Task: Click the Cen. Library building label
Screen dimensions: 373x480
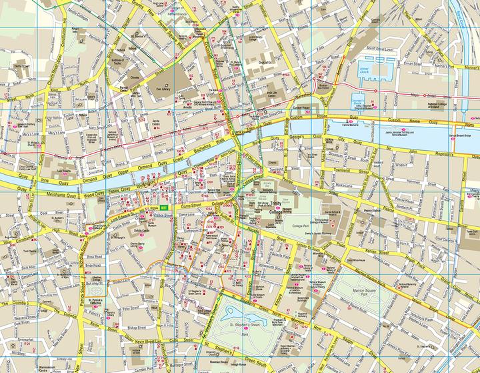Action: [163, 88]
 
